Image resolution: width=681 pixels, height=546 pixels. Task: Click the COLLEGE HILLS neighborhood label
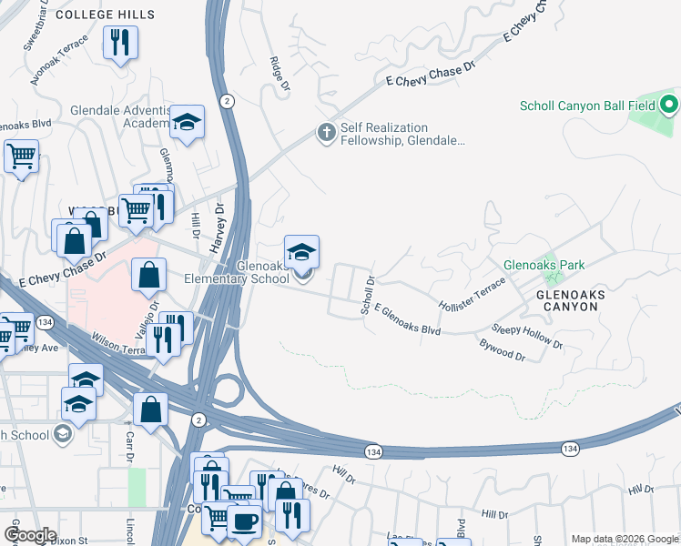tap(106, 15)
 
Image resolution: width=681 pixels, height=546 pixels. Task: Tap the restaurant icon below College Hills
tap(120, 43)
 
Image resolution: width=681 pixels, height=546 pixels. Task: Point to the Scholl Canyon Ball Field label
tap(571, 106)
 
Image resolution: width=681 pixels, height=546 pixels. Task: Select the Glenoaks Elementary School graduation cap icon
tap(302, 252)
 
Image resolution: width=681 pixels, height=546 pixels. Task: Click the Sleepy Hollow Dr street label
tap(527, 337)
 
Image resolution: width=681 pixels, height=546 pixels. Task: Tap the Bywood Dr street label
tap(503, 350)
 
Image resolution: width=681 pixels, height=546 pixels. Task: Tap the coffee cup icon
tap(243, 521)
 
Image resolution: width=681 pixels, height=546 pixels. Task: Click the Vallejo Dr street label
tap(153, 318)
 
